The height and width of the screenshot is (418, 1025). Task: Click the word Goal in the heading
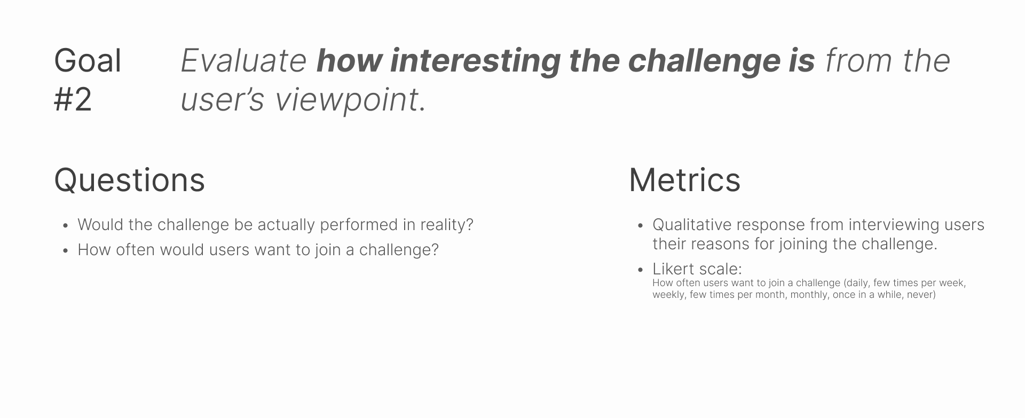(88, 61)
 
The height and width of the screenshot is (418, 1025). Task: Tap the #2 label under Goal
(73, 99)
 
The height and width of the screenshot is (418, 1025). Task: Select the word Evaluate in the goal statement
(243, 61)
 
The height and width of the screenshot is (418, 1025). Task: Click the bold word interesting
(475, 61)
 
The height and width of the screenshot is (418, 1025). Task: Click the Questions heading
(130, 180)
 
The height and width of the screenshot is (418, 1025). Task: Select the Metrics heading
(684, 180)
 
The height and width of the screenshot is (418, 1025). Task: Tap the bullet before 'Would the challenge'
(65, 226)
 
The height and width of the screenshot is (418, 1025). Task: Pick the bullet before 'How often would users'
(65, 251)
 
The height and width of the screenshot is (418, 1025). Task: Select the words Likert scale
(697, 269)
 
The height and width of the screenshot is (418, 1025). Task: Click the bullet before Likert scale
(640, 270)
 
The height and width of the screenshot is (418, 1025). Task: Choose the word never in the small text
(921, 295)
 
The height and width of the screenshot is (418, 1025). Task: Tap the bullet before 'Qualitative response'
(640, 226)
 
